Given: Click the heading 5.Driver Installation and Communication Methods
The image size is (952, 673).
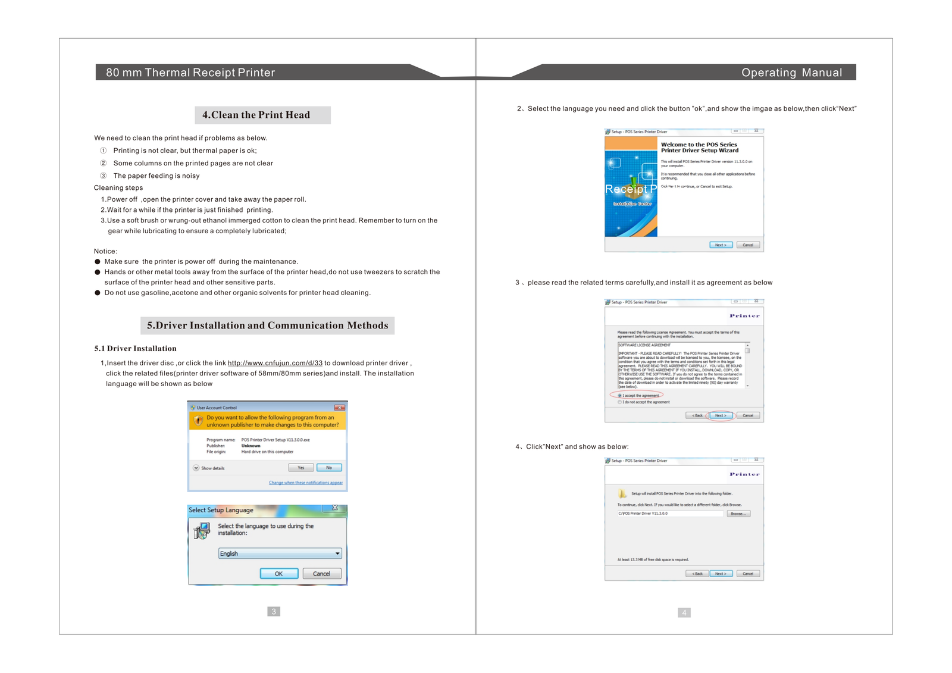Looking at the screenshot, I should tap(267, 325).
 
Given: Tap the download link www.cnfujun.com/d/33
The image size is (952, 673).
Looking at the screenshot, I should tap(275, 363).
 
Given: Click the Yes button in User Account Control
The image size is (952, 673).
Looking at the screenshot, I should tap(300, 468).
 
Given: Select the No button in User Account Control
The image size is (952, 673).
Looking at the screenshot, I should tap(329, 468).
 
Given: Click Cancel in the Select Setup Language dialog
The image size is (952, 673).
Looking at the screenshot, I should tap(321, 574).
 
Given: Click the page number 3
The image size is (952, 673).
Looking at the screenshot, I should tap(274, 612).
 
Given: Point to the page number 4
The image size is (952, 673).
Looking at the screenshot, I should tap(684, 613).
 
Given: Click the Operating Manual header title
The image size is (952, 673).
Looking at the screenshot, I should tap(791, 73).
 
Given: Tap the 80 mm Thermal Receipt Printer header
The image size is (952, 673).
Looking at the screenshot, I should tap(190, 73).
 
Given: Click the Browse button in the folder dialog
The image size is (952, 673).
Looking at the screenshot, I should tap(738, 514).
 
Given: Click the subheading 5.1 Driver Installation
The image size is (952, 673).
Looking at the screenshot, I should tap(135, 349).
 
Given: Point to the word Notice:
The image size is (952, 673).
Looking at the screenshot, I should tap(105, 251).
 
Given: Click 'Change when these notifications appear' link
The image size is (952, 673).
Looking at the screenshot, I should tap(305, 483).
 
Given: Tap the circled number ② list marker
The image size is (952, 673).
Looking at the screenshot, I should tap(103, 163).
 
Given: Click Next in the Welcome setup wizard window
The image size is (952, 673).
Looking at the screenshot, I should tap(721, 245).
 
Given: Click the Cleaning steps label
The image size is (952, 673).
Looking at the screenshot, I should tap(118, 187).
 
